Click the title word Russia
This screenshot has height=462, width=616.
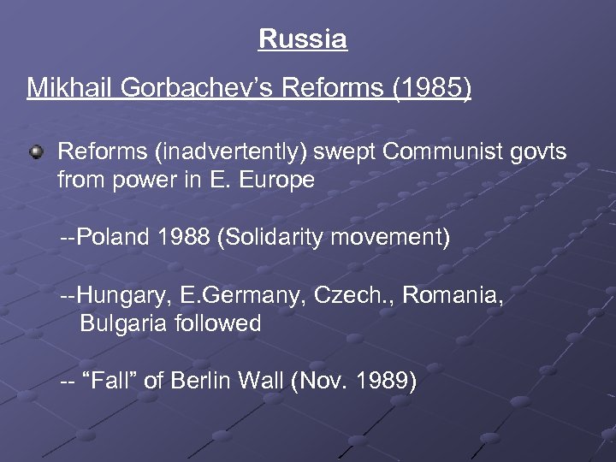pos(303,39)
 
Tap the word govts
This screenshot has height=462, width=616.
pos(538,153)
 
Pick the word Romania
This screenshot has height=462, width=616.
pos(453,296)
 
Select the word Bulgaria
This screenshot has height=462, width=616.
pos(116,323)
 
